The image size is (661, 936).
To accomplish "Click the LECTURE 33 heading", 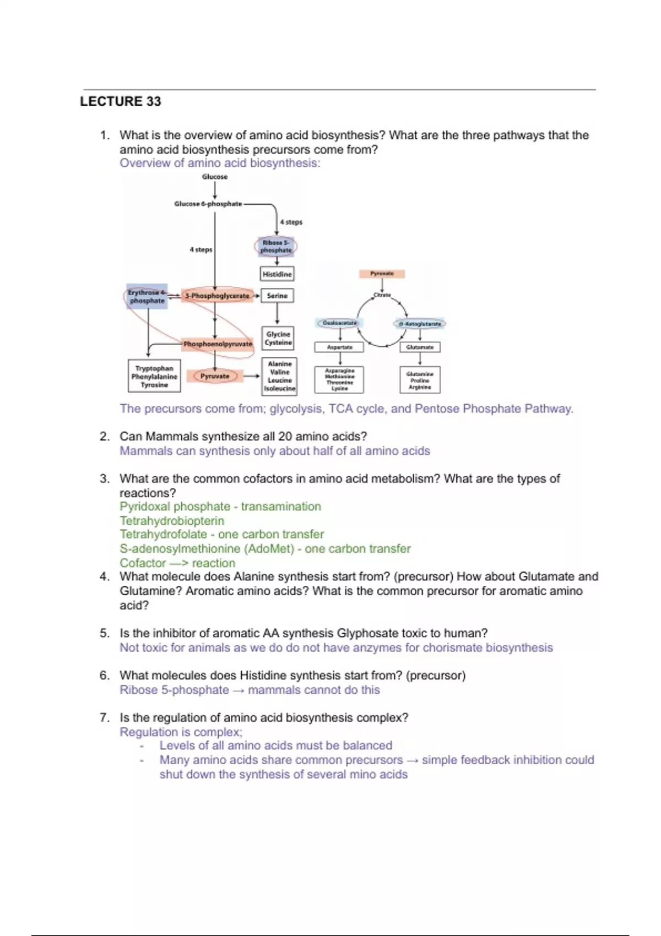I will point(121,101).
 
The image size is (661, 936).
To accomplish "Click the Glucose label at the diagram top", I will point(215,177).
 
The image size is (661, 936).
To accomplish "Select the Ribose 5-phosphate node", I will point(276,246).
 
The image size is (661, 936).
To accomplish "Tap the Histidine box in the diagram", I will point(277,274).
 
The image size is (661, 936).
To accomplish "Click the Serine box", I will point(277,296).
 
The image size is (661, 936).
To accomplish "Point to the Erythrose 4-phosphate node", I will point(147,297).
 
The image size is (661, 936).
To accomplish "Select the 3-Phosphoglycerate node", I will point(218,296).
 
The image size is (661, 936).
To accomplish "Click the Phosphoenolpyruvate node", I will point(218,344).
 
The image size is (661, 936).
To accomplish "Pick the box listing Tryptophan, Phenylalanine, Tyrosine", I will point(154,377).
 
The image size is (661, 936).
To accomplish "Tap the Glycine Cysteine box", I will point(278,338).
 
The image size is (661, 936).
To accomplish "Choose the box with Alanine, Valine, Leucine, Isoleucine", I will point(280,377).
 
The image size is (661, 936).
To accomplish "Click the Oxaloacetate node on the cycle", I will point(339,323).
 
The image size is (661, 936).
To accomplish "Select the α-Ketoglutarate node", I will point(420,324).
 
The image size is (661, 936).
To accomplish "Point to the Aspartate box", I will point(339,347).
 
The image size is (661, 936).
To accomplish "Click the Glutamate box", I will point(420,347).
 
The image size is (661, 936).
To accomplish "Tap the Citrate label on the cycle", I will point(382,295).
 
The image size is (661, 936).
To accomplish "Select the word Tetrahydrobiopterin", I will point(172,521).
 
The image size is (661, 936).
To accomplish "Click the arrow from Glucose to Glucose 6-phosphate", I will point(215,189).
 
